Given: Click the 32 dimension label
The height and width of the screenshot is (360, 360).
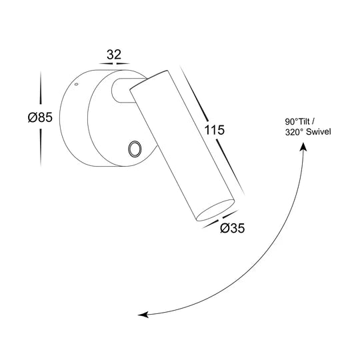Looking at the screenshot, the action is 113,55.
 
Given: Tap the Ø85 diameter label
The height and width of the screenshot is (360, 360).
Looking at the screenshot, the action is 40,117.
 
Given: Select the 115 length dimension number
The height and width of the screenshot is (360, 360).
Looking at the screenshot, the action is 214,130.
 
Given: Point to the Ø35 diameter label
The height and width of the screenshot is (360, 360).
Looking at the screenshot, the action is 233,228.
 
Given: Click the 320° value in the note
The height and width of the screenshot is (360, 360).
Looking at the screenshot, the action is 294,132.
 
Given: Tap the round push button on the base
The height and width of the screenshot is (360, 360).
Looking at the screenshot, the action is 135,149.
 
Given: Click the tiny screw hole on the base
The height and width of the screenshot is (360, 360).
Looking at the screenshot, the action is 77,84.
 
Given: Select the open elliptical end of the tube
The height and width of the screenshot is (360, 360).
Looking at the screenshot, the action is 215,210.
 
